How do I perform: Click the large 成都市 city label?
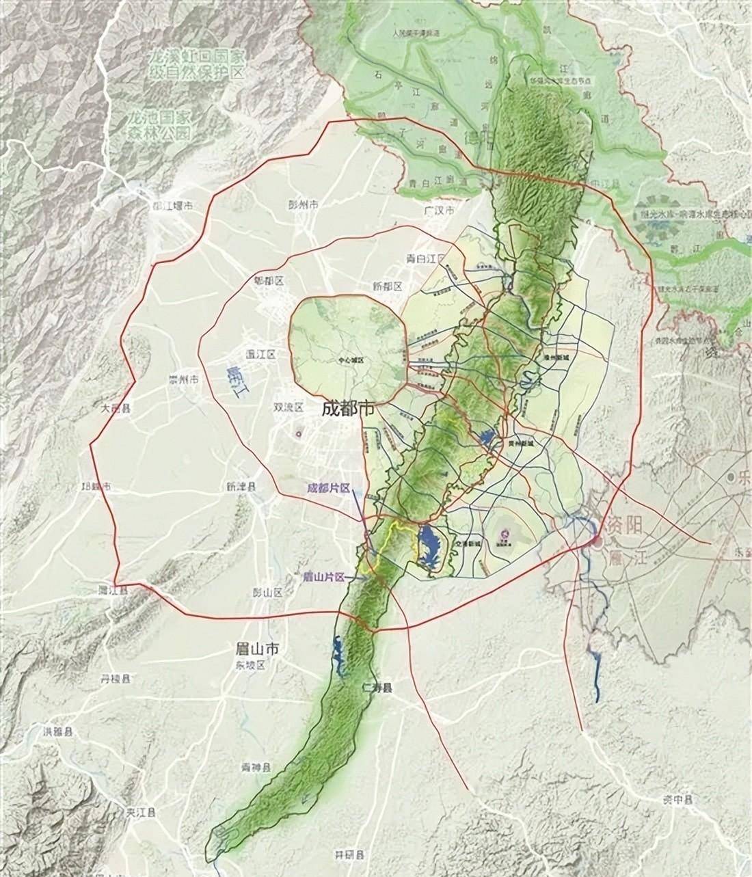coord(348,409)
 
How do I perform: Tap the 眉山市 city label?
coord(253,650)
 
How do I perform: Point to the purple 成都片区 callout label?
coord(329,488)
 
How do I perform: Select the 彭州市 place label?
coord(304,204)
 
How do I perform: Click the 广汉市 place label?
coord(439,211)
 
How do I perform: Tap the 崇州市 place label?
coord(185,379)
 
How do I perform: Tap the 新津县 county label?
coord(241,487)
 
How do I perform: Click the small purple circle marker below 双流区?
coord(298,433)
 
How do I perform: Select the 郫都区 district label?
coord(268,281)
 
